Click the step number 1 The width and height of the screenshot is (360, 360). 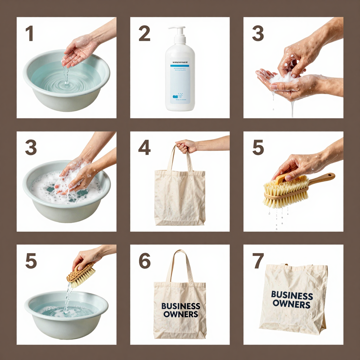[x=30, y=34]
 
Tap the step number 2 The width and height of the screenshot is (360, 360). [x=144, y=34]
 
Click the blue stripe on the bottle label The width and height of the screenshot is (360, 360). [x=180, y=65]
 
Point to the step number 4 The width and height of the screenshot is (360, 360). [x=144, y=148]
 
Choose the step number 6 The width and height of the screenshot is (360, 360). [x=144, y=261]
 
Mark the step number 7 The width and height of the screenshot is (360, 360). [x=258, y=261]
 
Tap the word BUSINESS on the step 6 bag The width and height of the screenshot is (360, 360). [x=181, y=306]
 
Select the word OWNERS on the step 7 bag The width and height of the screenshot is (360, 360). [x=291, y=304]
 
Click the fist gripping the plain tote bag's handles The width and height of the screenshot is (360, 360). [x=186, y=146]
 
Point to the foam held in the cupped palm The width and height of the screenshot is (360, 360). [x=281, y=78]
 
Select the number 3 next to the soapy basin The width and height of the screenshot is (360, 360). [x=31, y=148]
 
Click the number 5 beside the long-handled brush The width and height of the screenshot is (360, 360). [x=258, y=148]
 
